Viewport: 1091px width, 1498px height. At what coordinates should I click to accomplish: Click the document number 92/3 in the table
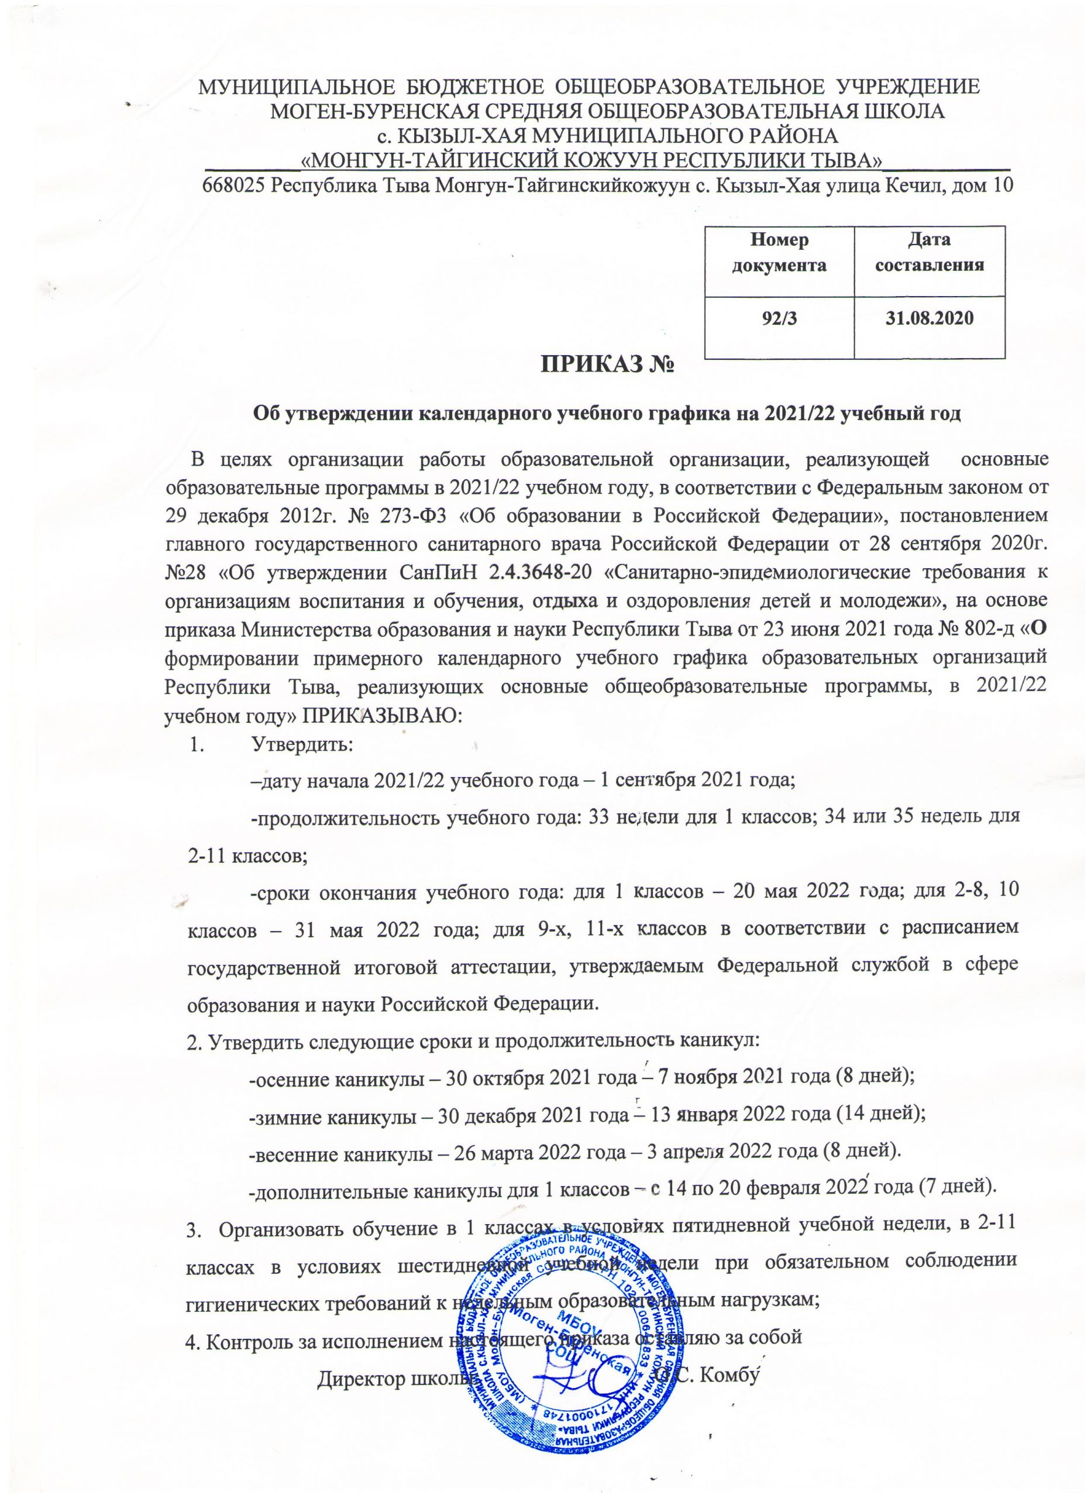[780, 318]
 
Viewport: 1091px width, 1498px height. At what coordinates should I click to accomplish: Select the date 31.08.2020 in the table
[930, 318]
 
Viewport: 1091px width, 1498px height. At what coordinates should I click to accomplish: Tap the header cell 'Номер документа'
[780, 252]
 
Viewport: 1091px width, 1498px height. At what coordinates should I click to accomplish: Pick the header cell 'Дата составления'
[930, 252]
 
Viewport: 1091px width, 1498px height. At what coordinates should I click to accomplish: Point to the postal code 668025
[235, 185]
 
